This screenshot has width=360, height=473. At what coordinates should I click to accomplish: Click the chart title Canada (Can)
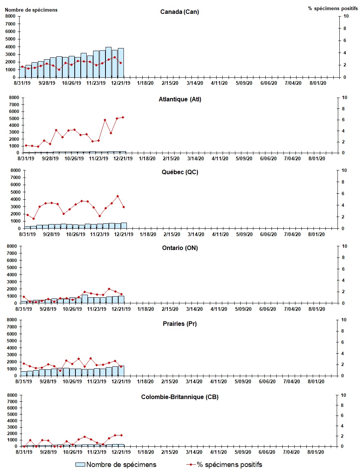(x=179, y=12)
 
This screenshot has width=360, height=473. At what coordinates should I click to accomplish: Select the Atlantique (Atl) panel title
(x=180, y=99)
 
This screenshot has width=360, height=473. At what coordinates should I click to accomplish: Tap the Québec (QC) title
(x=180, y=172)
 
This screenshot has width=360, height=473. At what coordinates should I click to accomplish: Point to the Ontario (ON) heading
(x=180, y=248)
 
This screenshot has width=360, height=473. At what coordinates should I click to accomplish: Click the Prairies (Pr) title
(x=179, y=324)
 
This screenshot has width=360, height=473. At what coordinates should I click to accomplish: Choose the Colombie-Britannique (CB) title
(x=179, y=397)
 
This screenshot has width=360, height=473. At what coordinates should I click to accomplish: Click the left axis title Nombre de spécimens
(x=31, y=10)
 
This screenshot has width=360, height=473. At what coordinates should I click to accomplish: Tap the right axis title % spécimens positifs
(x=333, y=8)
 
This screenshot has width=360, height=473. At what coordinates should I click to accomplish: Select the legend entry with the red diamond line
(x=224, y=465)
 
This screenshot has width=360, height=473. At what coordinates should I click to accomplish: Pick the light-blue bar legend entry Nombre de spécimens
(x=116, y=465)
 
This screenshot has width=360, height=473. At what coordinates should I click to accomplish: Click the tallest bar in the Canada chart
(x=108, y=62)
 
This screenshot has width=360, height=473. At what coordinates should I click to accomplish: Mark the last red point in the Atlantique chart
(x=123, y=117)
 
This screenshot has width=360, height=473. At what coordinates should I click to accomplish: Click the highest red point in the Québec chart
(x=117, y=196)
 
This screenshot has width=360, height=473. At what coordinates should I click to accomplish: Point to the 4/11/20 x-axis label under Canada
(x=219, y=83)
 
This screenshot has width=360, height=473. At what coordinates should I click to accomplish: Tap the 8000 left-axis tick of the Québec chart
(x=15, y=170)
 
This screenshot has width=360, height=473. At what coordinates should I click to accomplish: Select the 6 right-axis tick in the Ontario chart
(x=344, y=269)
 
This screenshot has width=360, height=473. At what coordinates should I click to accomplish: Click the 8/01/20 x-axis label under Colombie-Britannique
(x=316, y=452)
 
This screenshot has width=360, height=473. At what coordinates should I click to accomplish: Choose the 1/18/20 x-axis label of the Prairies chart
(x=145, y=381)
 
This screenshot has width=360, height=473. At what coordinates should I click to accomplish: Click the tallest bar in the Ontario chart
(x=85, y=299)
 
